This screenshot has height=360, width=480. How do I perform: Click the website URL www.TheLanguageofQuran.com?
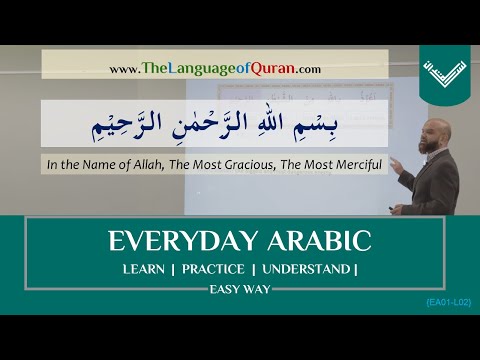tap(215, 69)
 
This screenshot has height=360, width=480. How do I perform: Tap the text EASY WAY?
tap(240, 290)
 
